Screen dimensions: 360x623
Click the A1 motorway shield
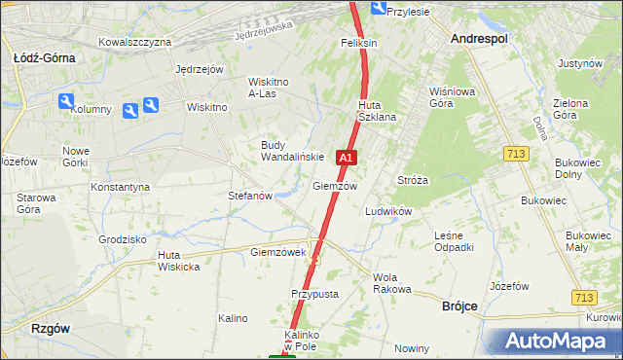347,157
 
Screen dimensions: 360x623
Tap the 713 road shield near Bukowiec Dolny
517,154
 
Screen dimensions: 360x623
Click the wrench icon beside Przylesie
375,12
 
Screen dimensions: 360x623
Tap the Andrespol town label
480,38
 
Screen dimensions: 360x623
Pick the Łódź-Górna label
45,58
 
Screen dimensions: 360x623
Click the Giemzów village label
335,186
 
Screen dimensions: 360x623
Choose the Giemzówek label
278,252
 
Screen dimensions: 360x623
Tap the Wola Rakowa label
392,283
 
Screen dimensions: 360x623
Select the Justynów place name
581,63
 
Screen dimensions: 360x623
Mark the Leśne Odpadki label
454,241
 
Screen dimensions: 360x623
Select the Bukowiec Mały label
588,241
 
